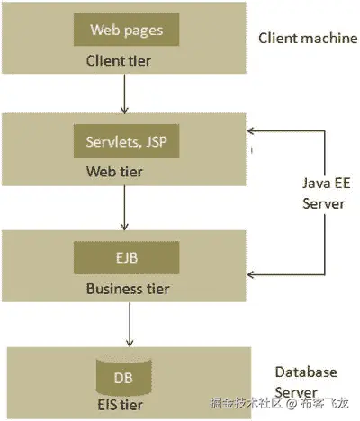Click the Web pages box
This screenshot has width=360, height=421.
click(x=126, y=31)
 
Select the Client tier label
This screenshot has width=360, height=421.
click(x=120, y=61)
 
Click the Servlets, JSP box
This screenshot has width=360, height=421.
click(x=126, y=140)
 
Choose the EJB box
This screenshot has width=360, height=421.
click(x=126, y=257)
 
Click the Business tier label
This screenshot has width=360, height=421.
click(x=127, y=289)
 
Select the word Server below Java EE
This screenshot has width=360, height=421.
click(x=323, y=204)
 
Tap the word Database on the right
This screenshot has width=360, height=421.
click(x=306, y=372)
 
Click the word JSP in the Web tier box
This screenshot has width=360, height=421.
click(x=157, y=140)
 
